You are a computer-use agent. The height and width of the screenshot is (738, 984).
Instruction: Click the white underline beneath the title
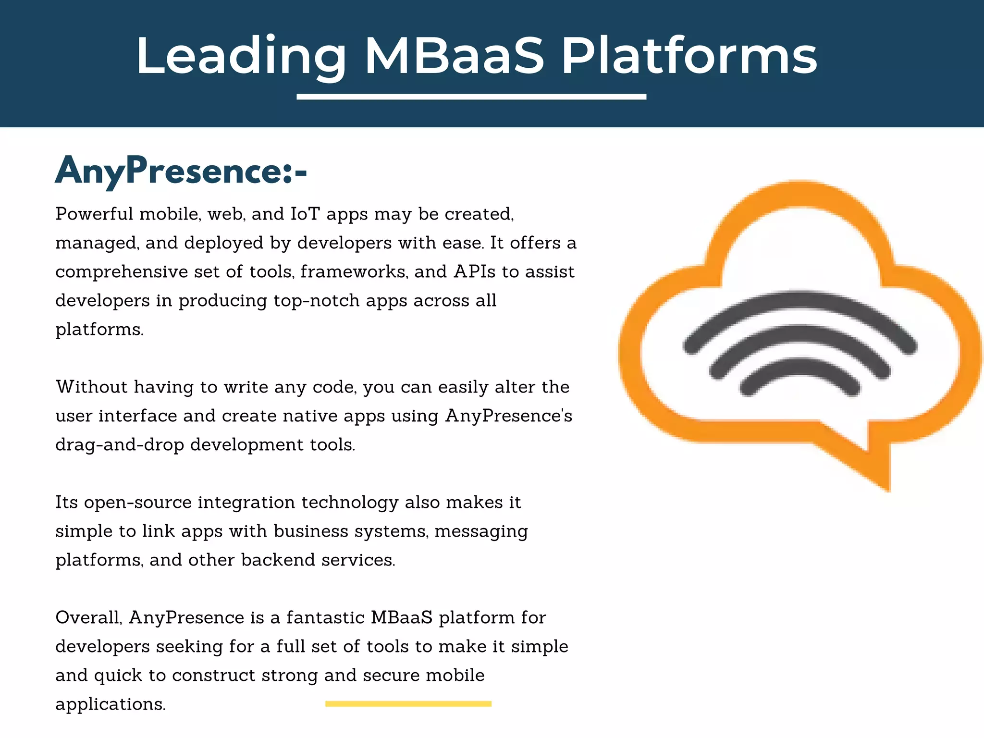(471, 97)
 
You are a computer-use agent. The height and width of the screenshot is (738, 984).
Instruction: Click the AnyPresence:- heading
(181, 172)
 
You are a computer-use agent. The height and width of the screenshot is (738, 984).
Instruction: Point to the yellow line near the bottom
(408, 704)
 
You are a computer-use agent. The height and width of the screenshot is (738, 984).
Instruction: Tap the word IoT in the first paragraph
(305, 214)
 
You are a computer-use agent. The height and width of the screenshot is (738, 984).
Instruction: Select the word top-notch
(316, 301)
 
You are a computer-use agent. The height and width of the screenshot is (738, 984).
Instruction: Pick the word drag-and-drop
(120, 445)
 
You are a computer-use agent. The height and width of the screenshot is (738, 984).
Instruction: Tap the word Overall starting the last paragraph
(88, 618)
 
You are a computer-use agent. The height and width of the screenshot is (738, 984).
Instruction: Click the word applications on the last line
(110, 704)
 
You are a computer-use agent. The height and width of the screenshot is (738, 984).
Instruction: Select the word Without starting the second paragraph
(91, 387)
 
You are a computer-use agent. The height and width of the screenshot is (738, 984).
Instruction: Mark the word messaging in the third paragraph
(481, 531)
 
